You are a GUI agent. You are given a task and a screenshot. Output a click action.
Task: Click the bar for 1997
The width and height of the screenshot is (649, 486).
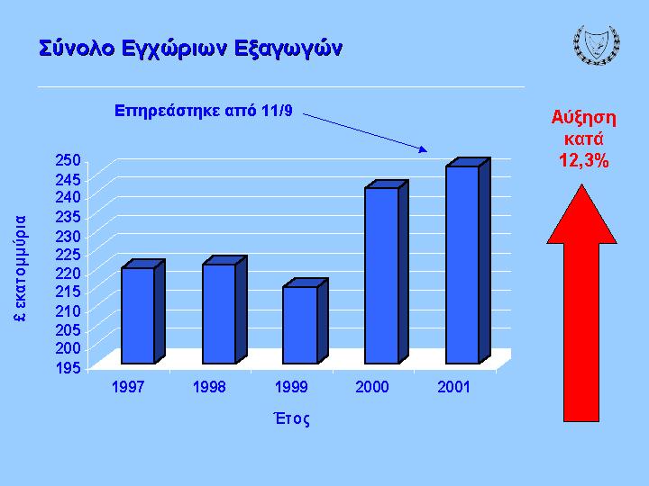(143, 312)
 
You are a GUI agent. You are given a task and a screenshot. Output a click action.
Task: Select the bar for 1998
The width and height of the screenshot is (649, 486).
(224, 310)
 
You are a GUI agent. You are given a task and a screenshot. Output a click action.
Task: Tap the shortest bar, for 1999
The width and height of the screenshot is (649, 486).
(306, 321)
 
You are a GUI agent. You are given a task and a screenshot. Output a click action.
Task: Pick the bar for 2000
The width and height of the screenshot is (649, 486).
(387, 272)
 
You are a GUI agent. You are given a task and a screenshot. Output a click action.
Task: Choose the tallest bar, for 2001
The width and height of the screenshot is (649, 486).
(468, 261)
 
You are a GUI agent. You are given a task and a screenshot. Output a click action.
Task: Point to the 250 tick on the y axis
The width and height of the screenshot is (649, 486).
(68, 160)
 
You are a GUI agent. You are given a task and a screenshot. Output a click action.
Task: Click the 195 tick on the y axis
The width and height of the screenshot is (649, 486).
(68, 368)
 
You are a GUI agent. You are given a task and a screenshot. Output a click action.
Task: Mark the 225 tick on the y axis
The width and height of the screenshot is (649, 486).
(68, 255)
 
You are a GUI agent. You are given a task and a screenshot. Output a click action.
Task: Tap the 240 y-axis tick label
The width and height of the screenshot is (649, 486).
(68, 197)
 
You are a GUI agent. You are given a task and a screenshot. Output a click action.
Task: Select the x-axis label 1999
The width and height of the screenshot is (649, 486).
(291, 387)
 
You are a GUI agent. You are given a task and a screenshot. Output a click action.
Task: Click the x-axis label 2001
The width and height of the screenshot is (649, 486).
(453, 387)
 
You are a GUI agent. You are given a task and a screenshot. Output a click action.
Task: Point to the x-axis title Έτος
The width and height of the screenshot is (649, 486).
(291, 418)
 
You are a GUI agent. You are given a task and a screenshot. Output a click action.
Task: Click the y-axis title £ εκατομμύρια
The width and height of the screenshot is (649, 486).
(20, 268)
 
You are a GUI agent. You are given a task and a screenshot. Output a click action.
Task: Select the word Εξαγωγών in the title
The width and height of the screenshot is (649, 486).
(288, 49)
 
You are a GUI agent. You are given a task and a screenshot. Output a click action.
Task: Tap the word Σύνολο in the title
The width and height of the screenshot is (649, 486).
(77, 48)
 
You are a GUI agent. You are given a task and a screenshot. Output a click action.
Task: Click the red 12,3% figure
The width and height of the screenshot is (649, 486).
(583, 160)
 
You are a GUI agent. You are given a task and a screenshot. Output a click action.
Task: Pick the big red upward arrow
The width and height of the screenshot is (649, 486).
(581, 303)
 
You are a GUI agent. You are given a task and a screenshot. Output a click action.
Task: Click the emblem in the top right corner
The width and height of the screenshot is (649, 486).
(597, 45)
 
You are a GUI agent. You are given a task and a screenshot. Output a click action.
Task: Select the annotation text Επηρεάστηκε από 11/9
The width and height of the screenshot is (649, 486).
(203, 111)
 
